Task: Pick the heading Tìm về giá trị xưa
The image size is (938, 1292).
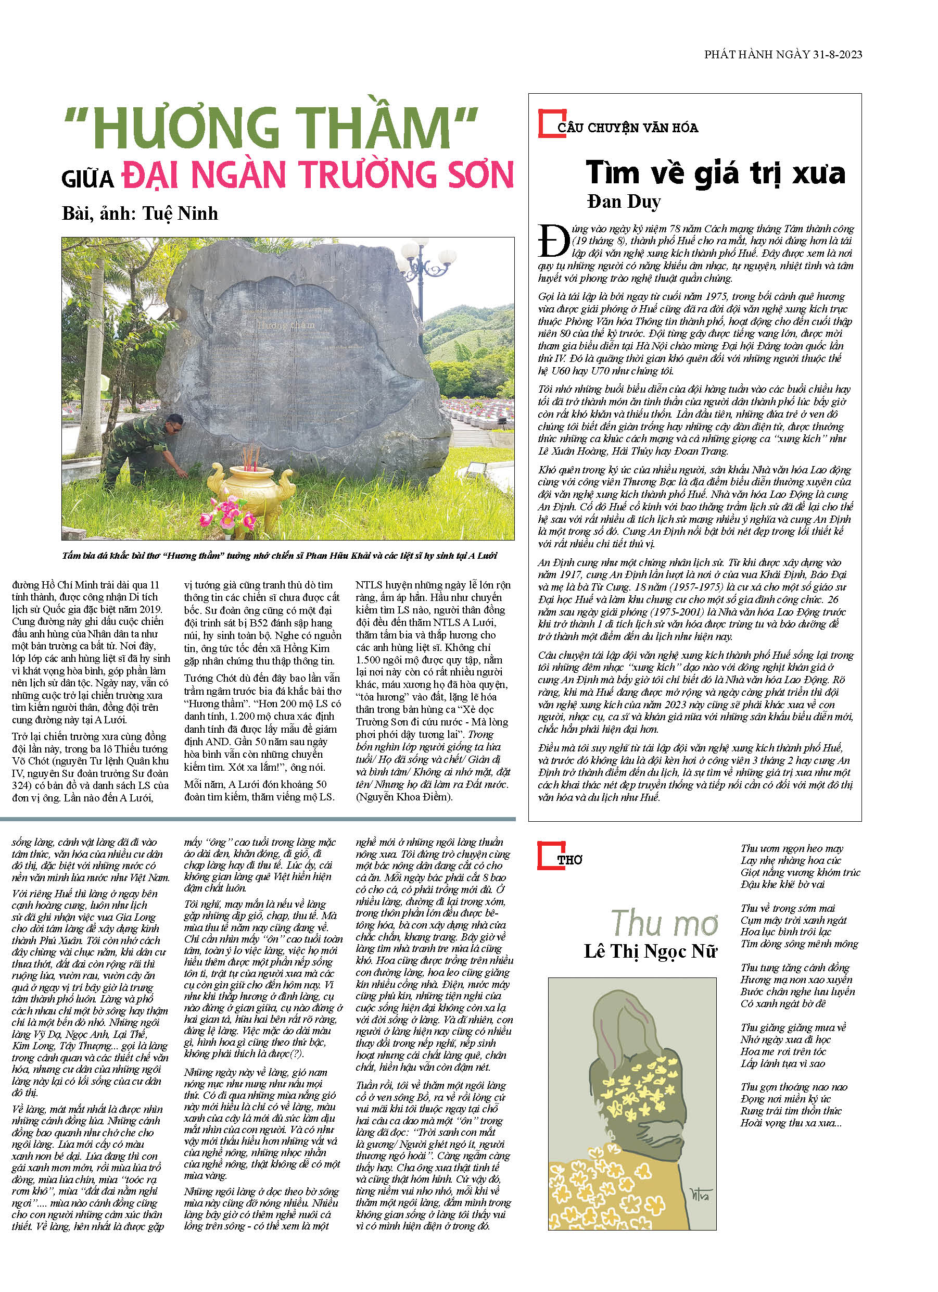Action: (715, 172)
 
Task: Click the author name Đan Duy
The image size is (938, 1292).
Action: (624, 202)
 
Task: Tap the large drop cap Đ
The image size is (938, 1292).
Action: (553, 241)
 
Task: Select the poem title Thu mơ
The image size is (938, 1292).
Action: (664, 923)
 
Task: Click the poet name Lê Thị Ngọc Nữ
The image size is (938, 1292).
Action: (650, 951)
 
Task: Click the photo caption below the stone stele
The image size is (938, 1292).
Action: (280, 556)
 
